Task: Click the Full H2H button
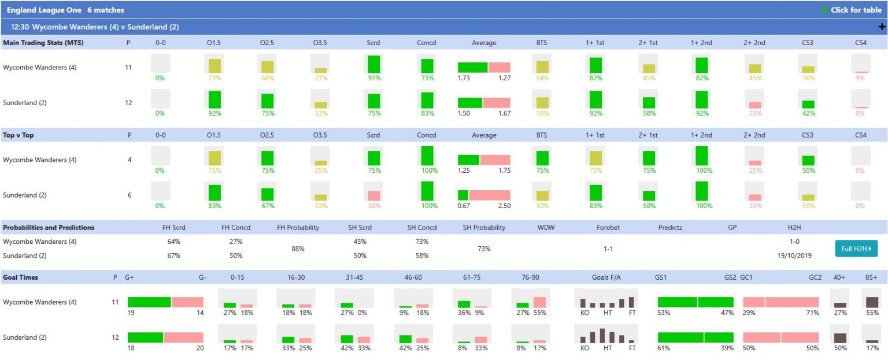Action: pyautogui.click(x=856, y=248)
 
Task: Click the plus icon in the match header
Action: pyautogui.click(x=882, y=27)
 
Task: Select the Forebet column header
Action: pyautogui.click(x=608, y=228)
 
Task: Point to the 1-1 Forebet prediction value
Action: pyautogui.click(x=608, y=248)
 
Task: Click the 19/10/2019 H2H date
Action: pyautogui.click(x=794, y=255)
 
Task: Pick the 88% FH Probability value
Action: pyautogui.click(x=298, y=248)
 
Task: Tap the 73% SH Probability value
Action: pyautogui.click(x=484, y=248)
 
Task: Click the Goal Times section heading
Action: pyautogui.click(x=21, y=277)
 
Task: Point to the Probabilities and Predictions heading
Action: pyautogui.click(x=49, y=228)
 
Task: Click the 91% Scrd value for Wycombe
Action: pyautogui.click(x=373, y=78)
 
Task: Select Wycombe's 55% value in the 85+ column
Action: pyautogui.click(x=871, y=313)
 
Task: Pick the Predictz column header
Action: pyautogui.click(x=670, y=228)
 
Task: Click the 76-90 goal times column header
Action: pyautogui.click(x=531, y=277)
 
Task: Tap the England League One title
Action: pyautogui.click(x=44, y=10)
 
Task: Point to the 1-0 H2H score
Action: pyautogui.click(x=794, y=242)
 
